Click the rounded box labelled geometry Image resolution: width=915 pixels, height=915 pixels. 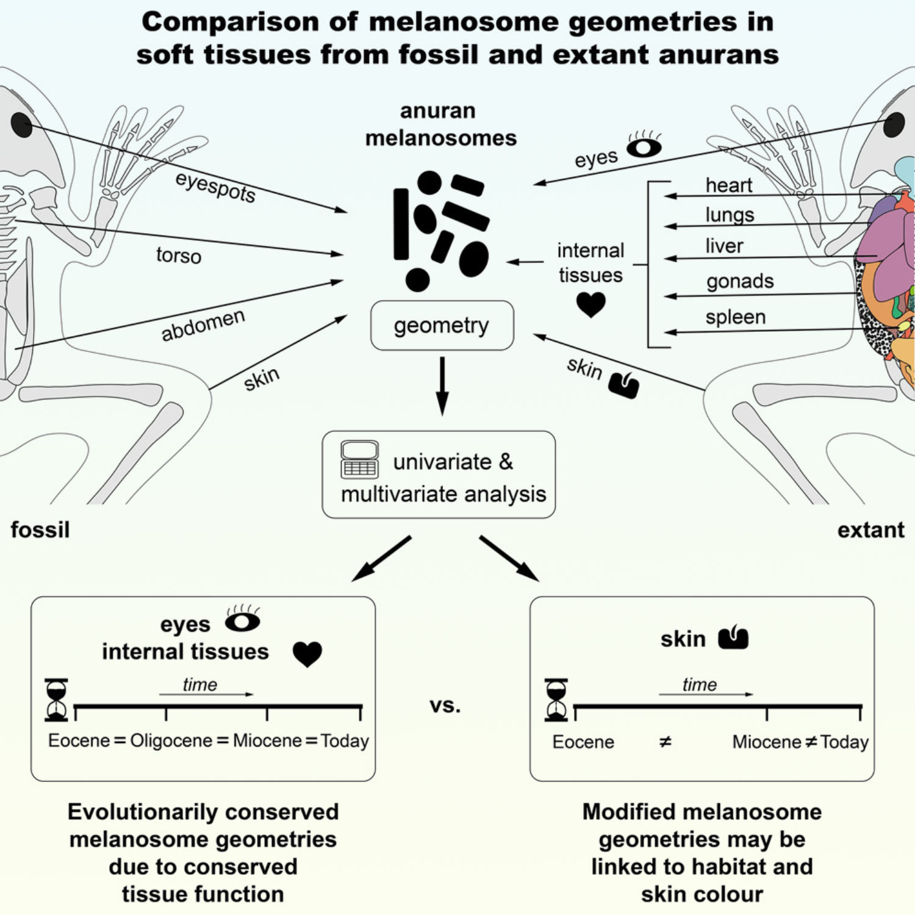pos(442,325)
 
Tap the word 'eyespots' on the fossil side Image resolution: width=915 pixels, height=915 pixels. pos(215,187)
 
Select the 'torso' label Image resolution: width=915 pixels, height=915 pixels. pos(178,255)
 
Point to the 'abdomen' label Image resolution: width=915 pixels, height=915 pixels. pos(203,325)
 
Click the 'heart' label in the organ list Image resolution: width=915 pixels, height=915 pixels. pos(728,185)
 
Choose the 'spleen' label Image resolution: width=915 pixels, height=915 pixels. pos(735,317)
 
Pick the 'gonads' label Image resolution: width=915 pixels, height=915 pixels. pos(739,281)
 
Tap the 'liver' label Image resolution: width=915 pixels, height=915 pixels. pos(724,246)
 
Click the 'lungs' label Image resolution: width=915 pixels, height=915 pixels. pos(730,215)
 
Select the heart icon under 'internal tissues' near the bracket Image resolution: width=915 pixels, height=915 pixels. pos(590,304)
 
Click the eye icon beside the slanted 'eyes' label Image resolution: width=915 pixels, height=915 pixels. pos(644,146)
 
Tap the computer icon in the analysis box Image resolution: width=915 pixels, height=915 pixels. pos(359,459)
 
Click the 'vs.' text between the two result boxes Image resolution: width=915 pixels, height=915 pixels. pos(445,706)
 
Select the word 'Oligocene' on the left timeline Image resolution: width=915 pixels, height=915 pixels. pos(171,741)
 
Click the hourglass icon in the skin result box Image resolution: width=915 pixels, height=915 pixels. pos(556,700)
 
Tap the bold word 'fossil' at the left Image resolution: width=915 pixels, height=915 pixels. pos(40,529)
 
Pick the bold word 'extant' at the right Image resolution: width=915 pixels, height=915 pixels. pos(870,530)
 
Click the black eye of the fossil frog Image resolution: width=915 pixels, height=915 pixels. pos(21,125)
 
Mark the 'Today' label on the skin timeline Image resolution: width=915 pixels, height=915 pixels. pos(844,742)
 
